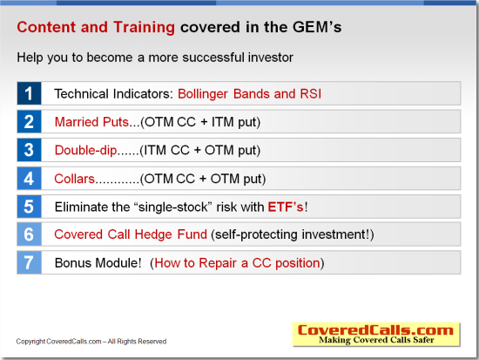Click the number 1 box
point(29,93)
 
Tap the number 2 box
point(29,121)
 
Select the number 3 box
point(29,150)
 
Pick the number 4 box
point(29,179)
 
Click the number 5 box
point(29,207)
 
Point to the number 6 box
point(29,234)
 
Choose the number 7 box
point(29,262)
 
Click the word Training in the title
point(144,28)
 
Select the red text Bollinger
point(203,94)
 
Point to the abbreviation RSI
point(310,93)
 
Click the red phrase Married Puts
point(91,122)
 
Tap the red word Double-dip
point(85,150)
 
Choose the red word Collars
point(75,179)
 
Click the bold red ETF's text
point(286,207)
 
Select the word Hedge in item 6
point(153,234)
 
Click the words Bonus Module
point(98,263)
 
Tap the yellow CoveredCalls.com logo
point(376,335)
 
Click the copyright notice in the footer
point(91,342)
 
